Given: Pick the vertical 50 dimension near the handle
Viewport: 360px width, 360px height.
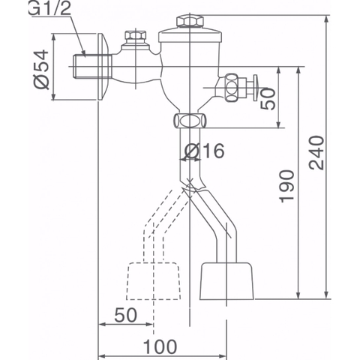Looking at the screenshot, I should point(269,97).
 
